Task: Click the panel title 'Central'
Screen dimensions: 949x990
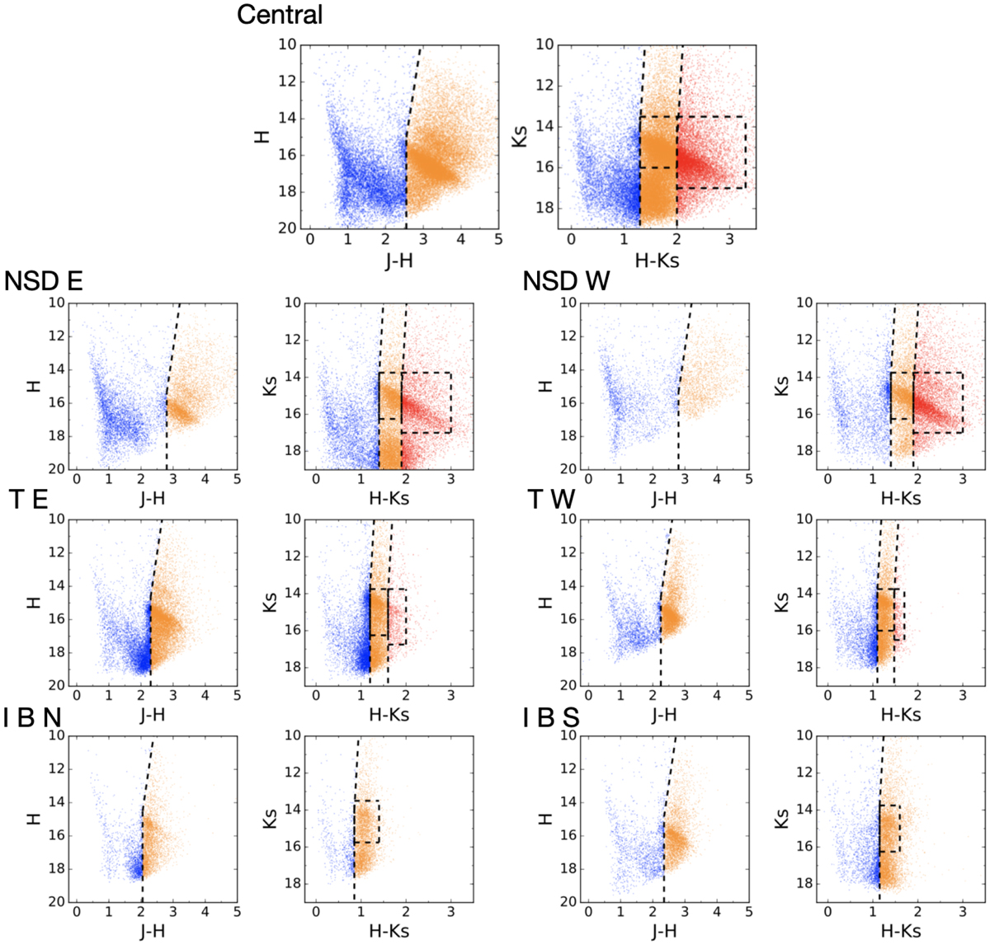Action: [x=280, y=15]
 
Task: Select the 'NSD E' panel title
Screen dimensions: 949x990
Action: [x=44, y=282]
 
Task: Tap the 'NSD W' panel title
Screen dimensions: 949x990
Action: [x=566, y=282]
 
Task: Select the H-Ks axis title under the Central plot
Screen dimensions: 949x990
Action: [x=658, y=261]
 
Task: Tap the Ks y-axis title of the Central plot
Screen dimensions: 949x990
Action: [x=521, y=136]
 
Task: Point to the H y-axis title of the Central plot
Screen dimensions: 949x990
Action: [x=262, y=136]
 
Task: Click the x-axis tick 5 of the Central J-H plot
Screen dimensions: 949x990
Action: [x=498, y=240]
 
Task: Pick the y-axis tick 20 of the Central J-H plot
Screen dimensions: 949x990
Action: [x=287, y=228]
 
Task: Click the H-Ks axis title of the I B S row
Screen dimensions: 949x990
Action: [x=901, y=932]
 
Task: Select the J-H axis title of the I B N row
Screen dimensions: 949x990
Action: [x=153, y=932]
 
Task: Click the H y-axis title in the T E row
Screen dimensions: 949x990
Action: [x=34, y=602]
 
